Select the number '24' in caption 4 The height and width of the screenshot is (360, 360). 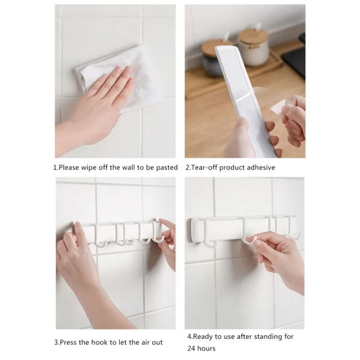[192, 348]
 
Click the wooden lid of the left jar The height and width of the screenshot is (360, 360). [217, 47]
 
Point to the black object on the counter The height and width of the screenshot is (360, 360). [294, 58]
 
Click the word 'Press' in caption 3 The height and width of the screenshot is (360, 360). [68, 342]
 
